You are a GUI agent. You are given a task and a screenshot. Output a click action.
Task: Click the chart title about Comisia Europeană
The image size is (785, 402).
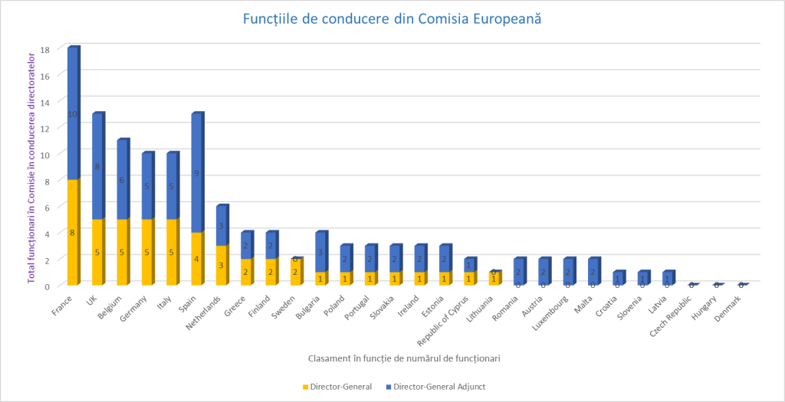[x=392, y=18]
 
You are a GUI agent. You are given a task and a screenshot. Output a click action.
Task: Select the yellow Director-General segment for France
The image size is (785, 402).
[x=72, y=232]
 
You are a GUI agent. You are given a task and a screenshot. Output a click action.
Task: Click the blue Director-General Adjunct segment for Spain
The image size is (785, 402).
[x=196, y=172]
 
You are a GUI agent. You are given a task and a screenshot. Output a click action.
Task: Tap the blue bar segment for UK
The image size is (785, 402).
[x=97, y=166]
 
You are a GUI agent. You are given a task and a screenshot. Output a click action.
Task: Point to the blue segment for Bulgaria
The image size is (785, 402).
[x=320, y=252]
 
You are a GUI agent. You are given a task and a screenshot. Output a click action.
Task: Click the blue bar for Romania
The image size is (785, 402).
[x=519, y=271]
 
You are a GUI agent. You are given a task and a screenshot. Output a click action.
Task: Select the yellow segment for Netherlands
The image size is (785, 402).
[x=221, y=265]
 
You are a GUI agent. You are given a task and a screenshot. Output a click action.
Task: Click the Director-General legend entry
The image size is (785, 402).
[x=337, y=387]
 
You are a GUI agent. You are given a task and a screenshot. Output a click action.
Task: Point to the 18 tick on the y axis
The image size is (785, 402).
[x=44, y=50]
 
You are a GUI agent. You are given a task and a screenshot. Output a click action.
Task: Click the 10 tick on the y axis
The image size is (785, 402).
[x=44, y=155]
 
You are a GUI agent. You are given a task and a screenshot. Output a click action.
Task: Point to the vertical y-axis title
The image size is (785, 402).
[x=32, y=167]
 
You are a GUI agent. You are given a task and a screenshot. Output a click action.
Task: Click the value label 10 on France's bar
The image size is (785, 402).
[x=72, y=114]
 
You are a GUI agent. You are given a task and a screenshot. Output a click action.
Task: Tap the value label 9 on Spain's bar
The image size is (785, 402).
[x=196, y=174]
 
